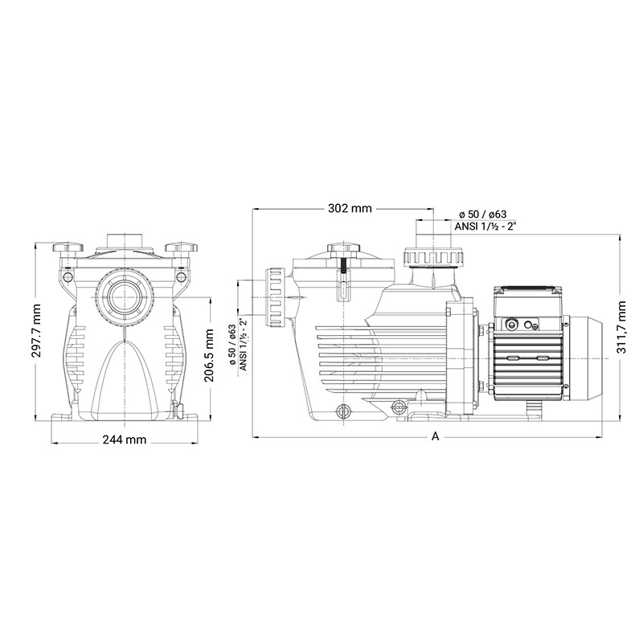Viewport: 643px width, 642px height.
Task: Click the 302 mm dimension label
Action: [350, 208]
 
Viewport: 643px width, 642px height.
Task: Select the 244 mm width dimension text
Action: [125, 440]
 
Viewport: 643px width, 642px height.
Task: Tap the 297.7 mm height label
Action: [36, 330]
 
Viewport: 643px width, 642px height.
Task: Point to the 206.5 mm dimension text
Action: [209, 355]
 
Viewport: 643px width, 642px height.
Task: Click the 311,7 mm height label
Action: [622, 327]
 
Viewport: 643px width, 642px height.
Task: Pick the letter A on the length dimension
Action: [435, 436]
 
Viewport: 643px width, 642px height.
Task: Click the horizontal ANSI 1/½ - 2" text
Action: [485, 227]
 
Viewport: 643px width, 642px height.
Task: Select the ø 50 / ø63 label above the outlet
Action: [483, 214]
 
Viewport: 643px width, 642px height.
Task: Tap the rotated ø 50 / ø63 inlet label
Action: [232, 345]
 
